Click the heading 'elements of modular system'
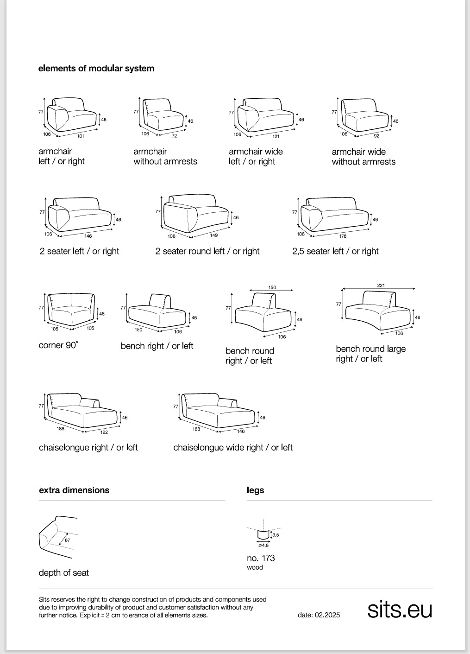pos(96,68)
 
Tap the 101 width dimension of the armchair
pos(80,136)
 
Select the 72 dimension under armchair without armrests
pos(174,136)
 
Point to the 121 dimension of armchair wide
pos(276,136)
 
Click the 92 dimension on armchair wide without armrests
pos(376,136)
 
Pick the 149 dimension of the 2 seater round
pos(214,235)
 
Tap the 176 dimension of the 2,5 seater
pos(343,236)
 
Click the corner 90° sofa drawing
pos(71,309)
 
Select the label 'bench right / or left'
pos(157,346)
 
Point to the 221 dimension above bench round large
pos(381,286)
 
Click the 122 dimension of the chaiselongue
pos(104,432)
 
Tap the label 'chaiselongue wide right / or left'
pos(233,447)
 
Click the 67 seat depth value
pos(67,540)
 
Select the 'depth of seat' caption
pos(64,573)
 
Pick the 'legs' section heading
pos(256,490)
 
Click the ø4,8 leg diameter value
pos(263,545)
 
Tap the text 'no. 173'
pos(261,558)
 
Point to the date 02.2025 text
pos(319,615)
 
